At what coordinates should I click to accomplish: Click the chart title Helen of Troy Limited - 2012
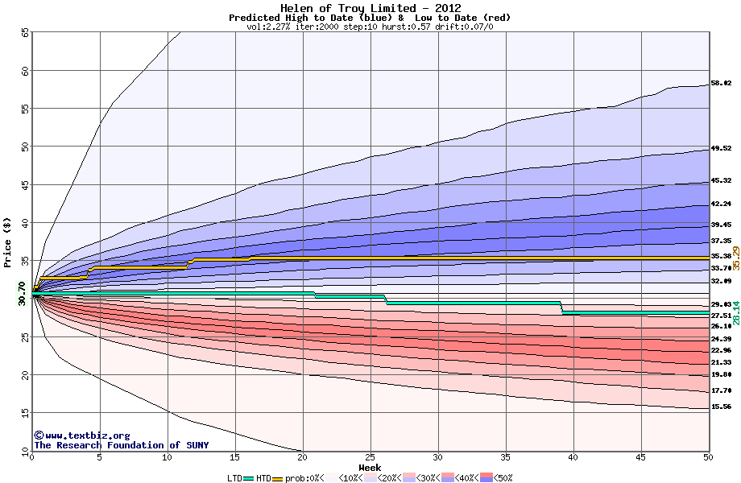pos(370,7)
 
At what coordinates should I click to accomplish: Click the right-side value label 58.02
pos(721,83)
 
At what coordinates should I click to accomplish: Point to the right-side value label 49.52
pos(721,148)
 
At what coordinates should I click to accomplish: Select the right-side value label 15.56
pos(721,407)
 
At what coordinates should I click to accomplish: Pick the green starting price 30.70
pos(22,292)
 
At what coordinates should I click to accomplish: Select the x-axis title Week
pos(370,468)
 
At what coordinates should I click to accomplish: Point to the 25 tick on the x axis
pos(370,457)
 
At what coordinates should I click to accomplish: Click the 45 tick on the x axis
pos(641,457)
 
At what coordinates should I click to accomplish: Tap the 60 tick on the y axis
pos(25,71)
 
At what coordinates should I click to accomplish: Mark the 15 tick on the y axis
pos(25,413)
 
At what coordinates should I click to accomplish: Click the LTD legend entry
pos(236,478)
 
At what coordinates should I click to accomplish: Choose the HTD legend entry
pos(263,478)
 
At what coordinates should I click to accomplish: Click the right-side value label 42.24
pos(721,204)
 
